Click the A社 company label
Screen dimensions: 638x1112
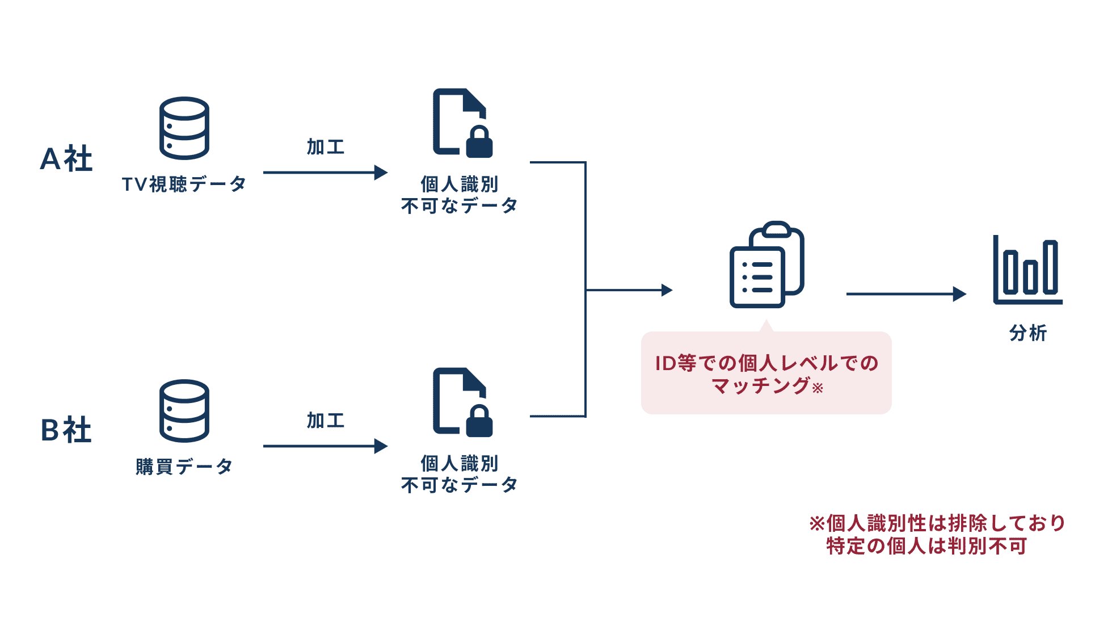pyautogui.click(x=66, y=158)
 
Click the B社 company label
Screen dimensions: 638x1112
pyautogui.click(x=66, y=430)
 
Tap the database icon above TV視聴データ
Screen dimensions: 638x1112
pyautogui.click(x=184, y=128)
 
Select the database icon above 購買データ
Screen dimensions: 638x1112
pyautogui.click(x=184, y=411)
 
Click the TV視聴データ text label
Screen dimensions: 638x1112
pyautogui.click(x=184, y=184)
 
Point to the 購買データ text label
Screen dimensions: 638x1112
pyautogui.click(x=184, y=467)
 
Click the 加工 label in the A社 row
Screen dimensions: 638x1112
pyautogui.click(x=326, y=147)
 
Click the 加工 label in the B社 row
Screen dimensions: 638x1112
pyautogui.click(x=326, y=421)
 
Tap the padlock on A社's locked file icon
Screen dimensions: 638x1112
pyautogui.click(x=479, y=142)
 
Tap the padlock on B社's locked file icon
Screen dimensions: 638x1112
pyautogui.click(x=479, y=422)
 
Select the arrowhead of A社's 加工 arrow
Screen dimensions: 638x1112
pyautogui.click(x=381, y=173)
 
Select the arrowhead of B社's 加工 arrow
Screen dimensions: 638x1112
pyautogui.click(x=381, y=446)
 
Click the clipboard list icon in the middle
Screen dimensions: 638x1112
pyautogui.click(x=766, y=265)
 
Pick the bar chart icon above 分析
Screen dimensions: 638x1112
pyautogui.click(x=1027, y=270)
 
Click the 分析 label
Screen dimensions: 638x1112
pyautogui.click(x=1027, y=333)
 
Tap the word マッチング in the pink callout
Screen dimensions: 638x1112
pyautogui.click(x=760, y=386)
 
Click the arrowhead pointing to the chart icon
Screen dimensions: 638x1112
pyautogui.click(x=959, y=294)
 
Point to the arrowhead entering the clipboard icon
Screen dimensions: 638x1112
pyautogui.click(x=667, y=290)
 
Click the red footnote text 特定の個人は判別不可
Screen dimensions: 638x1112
pyautogui.click(x=926, y=546)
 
